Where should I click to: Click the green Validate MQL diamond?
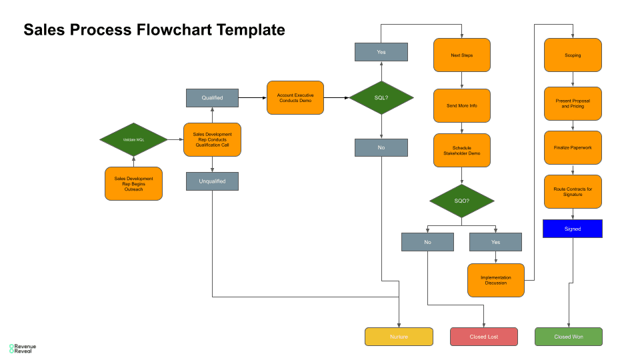pos(133,139)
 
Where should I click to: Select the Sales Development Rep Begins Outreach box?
pos(133,184)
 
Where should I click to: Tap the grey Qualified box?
pos(212,98)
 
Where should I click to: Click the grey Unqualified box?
pos(212,181)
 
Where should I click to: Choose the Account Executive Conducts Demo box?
pos(295,98)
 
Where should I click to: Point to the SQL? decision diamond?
pos(381,98)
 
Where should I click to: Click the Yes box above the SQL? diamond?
pos(381,52)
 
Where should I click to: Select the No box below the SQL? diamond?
pos(381,147)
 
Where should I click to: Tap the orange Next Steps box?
pos(462,55)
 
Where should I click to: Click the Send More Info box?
pos(462,105)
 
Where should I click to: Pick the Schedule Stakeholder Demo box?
pos(462,151)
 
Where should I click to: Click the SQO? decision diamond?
pos(462,201)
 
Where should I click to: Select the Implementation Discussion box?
pos(495,280)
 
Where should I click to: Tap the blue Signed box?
pos(573,229)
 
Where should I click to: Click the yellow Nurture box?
pos(399,337)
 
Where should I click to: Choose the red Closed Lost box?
pos(484,337)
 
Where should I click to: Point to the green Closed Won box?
pos(569,337)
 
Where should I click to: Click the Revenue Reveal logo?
pos(23,349)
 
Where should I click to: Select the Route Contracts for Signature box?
pos(573,192)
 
